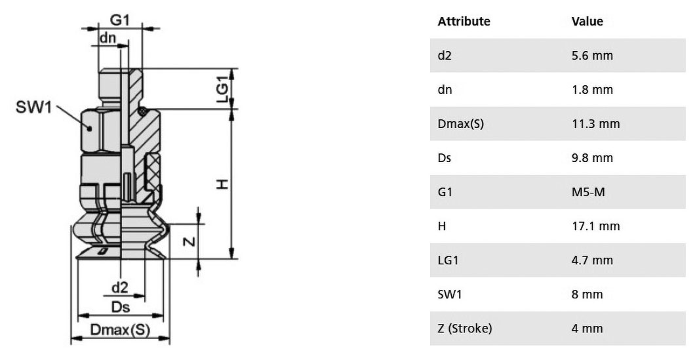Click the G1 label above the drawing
(x=119, y=20)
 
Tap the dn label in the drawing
(x=107, y=38)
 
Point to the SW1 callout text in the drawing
(x=34, y=107)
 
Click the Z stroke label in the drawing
(x=189, y=241)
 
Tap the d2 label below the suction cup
(x=119, y=288)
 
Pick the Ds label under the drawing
(x=121, y=307)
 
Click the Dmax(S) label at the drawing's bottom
(x=120, y=330)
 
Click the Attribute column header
(x=464, y=22)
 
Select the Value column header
(x=587, y=22)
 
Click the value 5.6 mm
(x=592, y=56)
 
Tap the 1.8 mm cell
(x=592, y=90)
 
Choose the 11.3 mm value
(x=595, y=123)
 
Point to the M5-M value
(x=588, y=192)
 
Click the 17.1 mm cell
(x=595, y=226)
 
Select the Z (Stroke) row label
(x=464, y=329)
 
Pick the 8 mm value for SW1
(x=587, y=294)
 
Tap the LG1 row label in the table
(x=448, y=260)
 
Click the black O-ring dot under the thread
(x=142, y=111)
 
